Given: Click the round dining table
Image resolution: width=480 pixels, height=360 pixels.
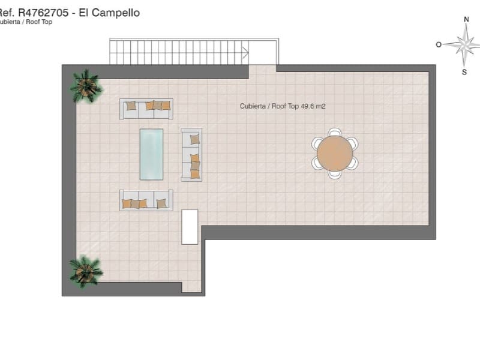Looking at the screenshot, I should pyautogui.click(x=334, y=153).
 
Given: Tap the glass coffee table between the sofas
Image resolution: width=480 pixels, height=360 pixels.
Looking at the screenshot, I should pyautogui.click(x=151, y=154).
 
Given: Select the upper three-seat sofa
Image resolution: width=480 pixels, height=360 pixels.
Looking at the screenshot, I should pyautogui.click(x=146, y=109).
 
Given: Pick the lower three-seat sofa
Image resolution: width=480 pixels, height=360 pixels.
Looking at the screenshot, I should pyautogui.click(x=146, y=200).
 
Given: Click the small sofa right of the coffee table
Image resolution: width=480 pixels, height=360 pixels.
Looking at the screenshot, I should pyautogui.click(x=191, y=155).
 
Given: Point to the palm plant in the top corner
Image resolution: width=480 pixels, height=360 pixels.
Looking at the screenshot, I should pyautogui.click(x=86, y=86).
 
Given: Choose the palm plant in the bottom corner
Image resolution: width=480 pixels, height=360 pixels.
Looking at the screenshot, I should pyautogui.click(x=86, y=271).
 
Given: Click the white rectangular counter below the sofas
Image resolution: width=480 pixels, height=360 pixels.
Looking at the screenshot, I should pyautogui.click(x=190, y=226).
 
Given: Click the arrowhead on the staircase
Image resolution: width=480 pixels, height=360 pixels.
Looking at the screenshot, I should pyautogui.click(x=245, y=52).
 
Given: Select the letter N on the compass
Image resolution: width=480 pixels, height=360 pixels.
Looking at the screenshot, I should pyautogui.click(x=466, y=19).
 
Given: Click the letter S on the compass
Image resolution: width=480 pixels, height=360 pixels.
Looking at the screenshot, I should pyautogui.click(x=464, y=73).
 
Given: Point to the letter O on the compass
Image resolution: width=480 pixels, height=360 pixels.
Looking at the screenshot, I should pyautogui.click(x=439, y=44).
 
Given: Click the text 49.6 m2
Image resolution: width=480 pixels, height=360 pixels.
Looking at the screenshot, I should pyautogui.click(x=313, y=106).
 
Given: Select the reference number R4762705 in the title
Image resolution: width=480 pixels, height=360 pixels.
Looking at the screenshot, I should pyautogui.click(x=44, y=13).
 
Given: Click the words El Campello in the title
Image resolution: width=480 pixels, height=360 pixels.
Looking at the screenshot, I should pyautogui.click(x=112, y=13).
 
